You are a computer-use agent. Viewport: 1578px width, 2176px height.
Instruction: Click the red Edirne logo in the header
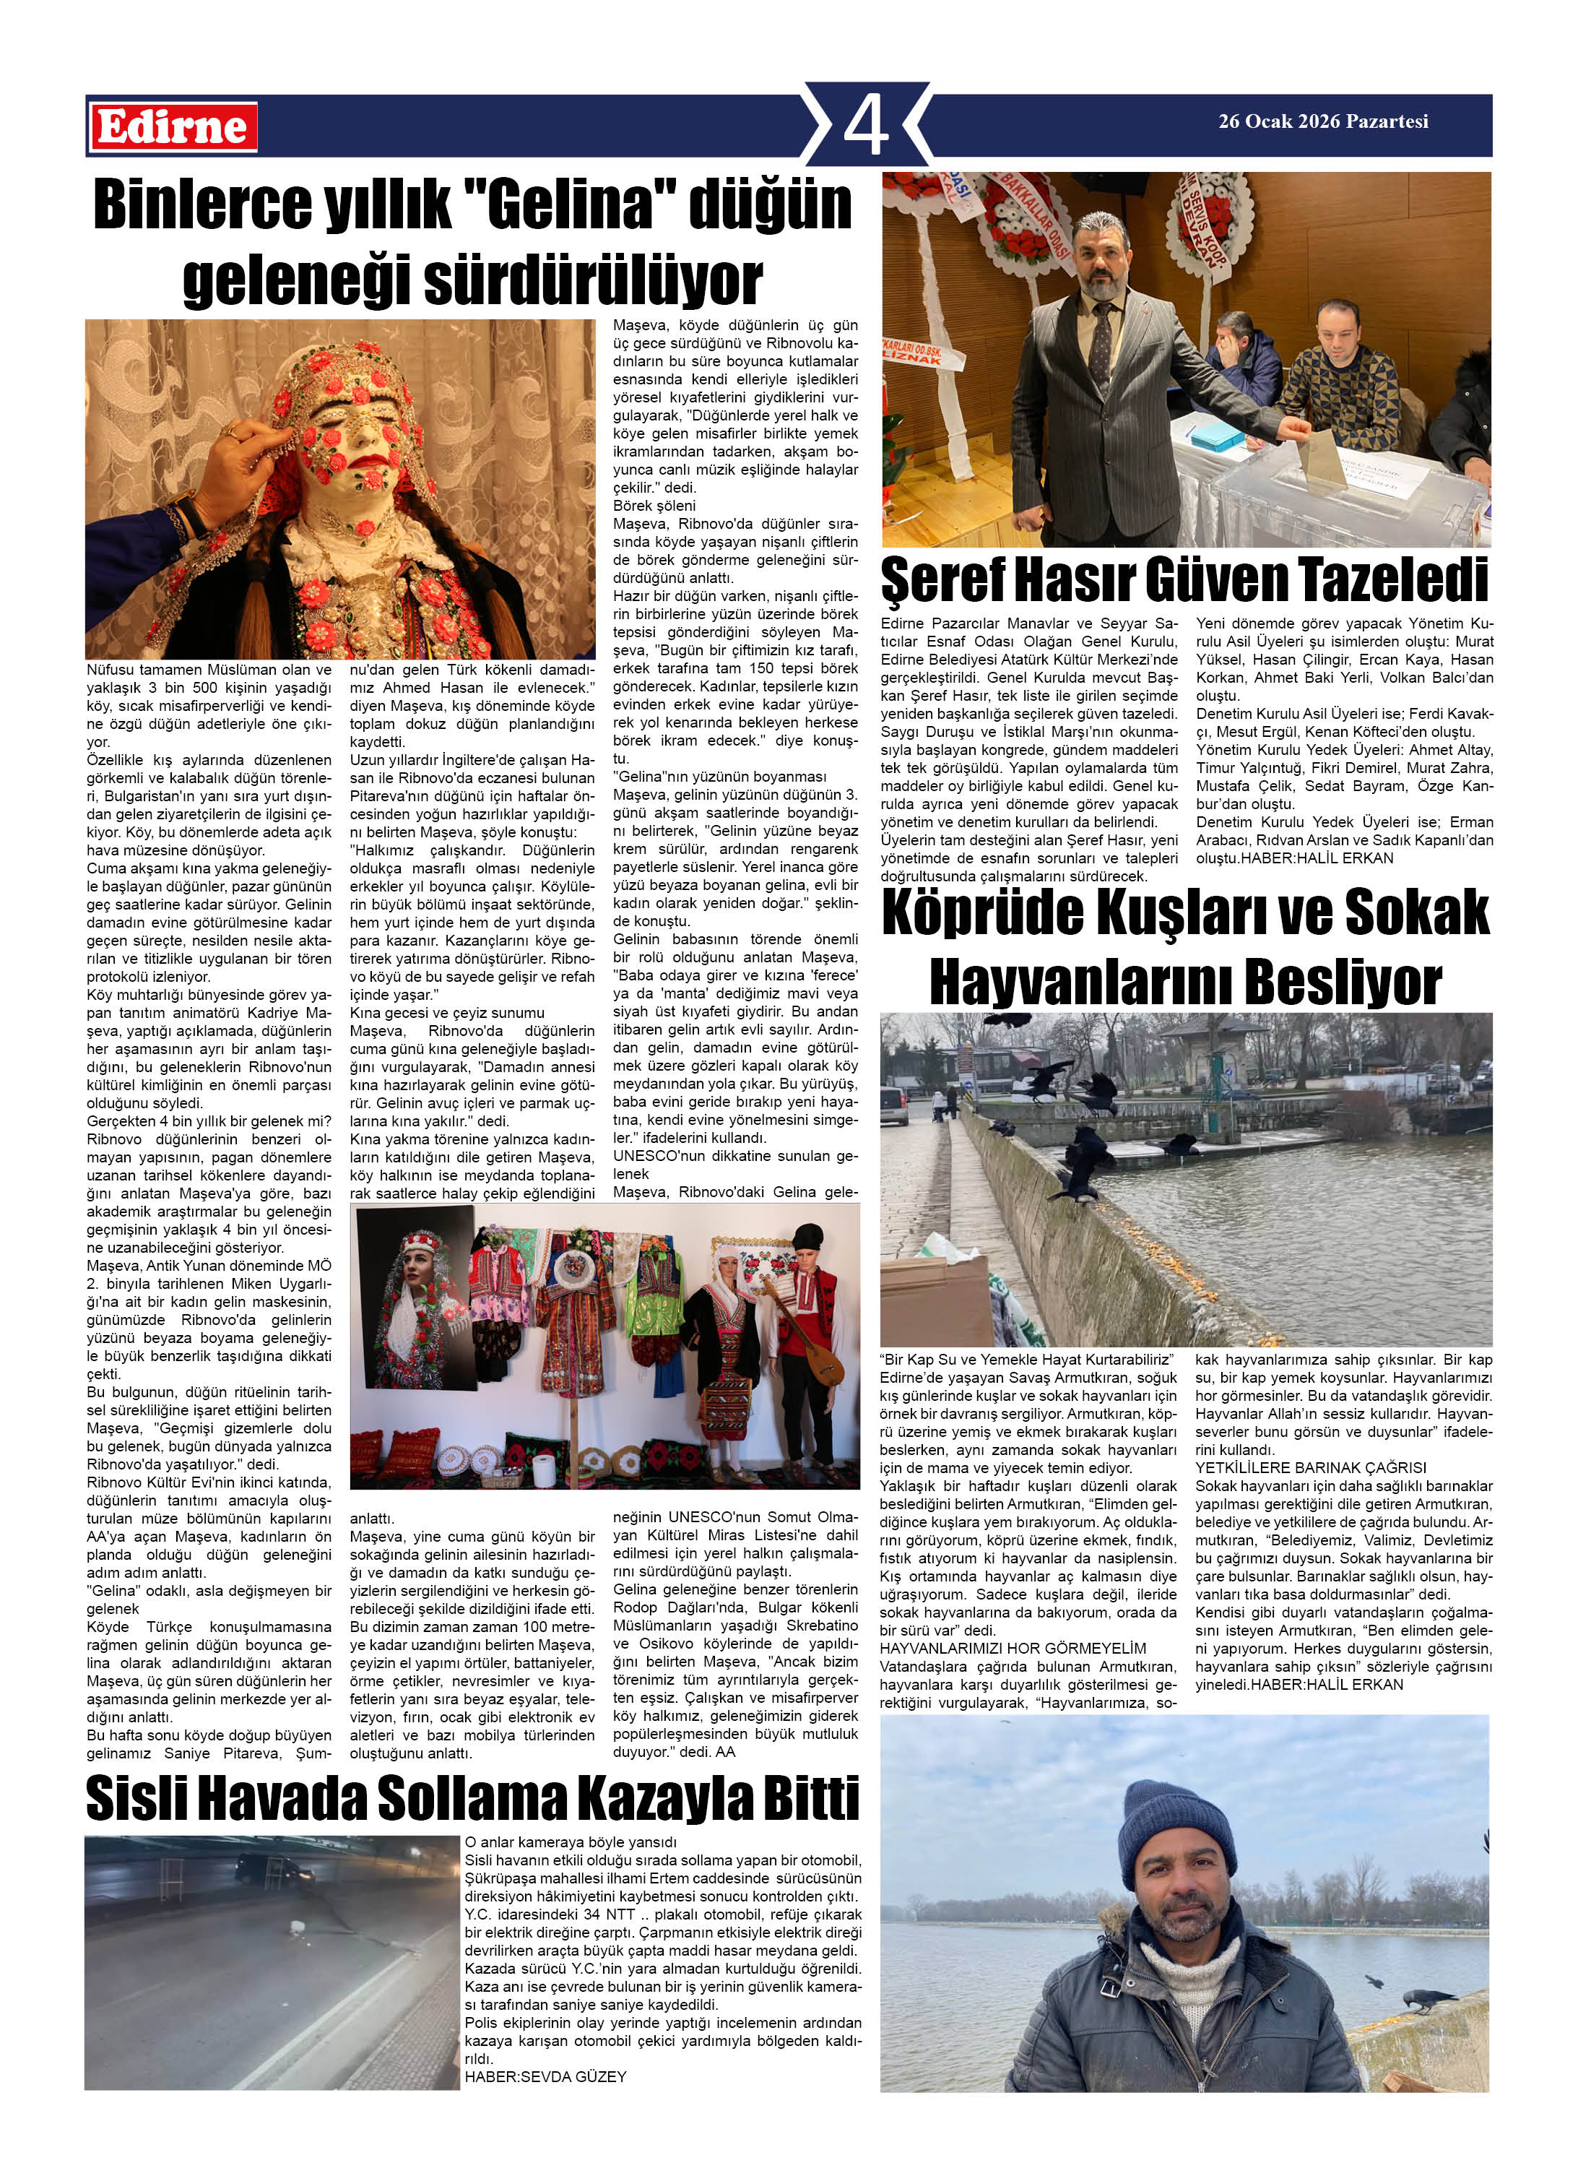[173, 126]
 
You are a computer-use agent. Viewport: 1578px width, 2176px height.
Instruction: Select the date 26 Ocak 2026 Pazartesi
[1323, 122]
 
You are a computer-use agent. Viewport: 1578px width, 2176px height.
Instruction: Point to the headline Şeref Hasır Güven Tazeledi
[1184, 579]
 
